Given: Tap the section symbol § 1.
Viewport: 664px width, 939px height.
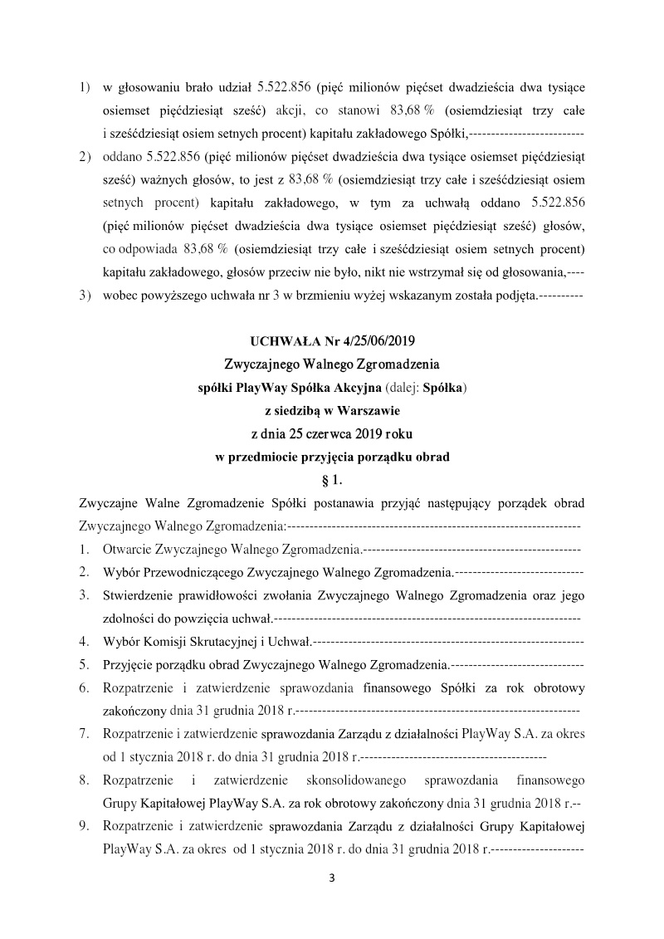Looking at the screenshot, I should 331,479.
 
